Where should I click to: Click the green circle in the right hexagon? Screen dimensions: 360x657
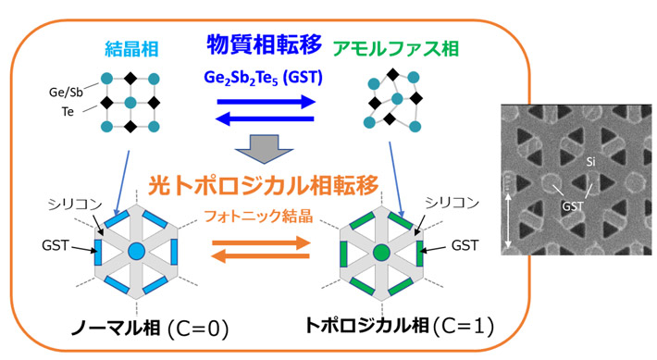[x=380, y=251]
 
